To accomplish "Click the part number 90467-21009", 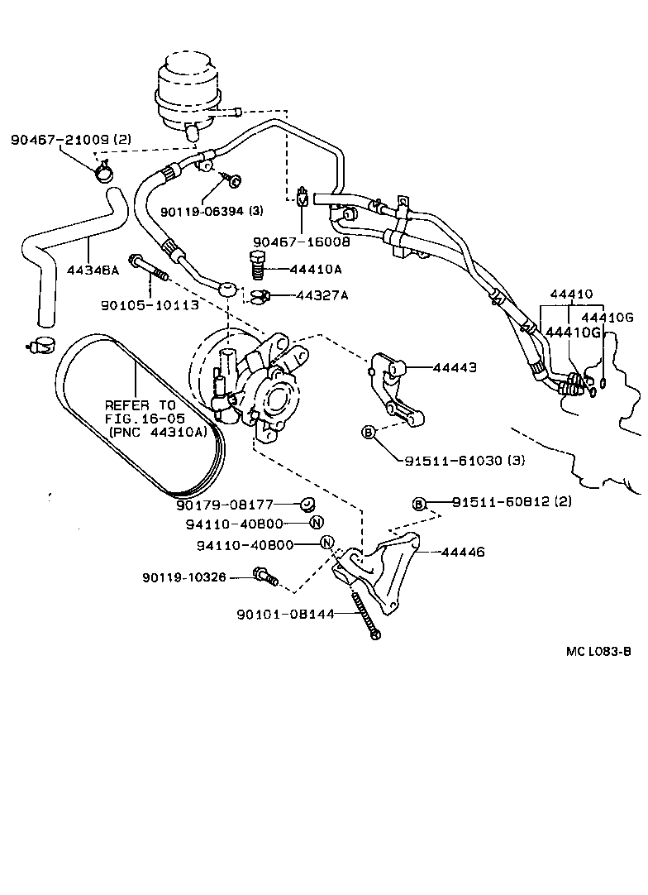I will (x=59, y=140).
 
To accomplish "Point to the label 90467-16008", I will (x=302, y=242).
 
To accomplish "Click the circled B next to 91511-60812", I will (x=419, y=504).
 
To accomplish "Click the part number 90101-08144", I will (x=285, y=614).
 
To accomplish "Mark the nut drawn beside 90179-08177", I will (x=306, y=504).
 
